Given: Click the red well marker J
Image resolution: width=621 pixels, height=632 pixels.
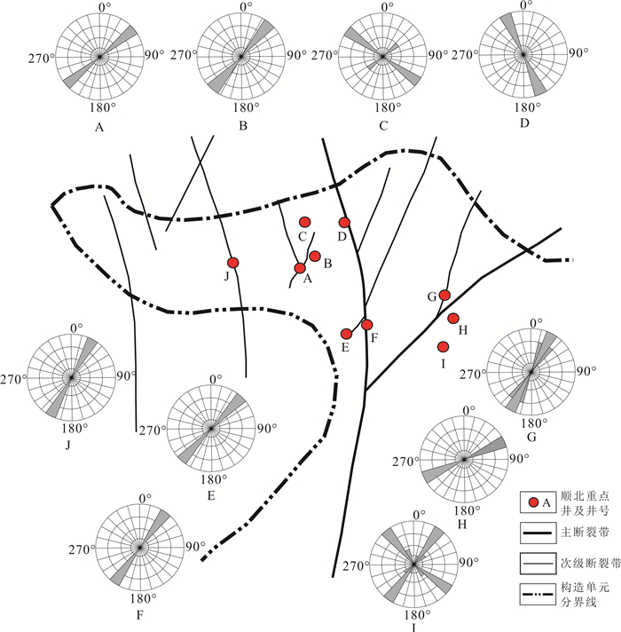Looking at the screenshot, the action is [233, 262].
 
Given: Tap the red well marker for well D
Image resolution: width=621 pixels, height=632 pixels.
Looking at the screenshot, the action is [345, 222].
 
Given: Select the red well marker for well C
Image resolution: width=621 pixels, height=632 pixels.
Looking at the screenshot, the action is [304, 222].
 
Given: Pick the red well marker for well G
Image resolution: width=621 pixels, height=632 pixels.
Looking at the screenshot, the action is [445, 295].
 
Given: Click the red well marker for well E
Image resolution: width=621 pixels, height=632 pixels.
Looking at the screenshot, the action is [347, 334].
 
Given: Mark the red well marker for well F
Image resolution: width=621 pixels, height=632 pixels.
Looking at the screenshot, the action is [367, 325].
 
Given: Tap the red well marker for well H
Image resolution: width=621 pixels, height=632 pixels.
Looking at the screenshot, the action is [453, 319].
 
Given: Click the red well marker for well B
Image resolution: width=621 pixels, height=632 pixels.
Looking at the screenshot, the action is [315, 257].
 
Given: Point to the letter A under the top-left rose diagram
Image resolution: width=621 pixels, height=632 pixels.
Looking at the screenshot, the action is [99, 126].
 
